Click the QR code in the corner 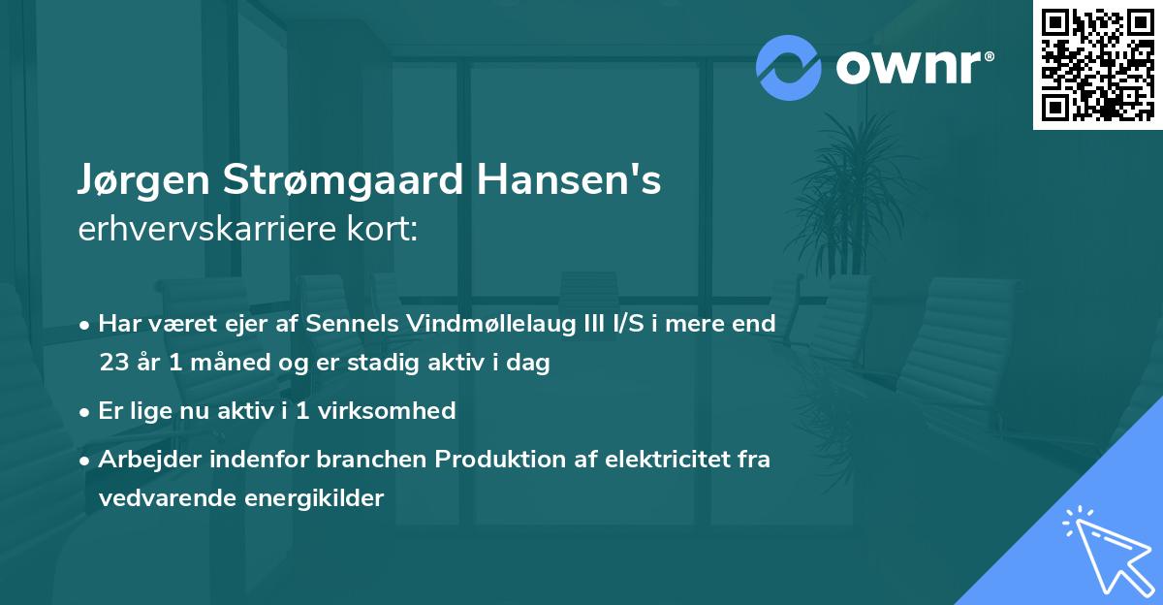point(1098,65)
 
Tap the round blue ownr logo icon point(789,67)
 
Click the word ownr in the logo point(913,67)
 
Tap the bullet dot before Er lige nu point(86,412)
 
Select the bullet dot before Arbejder point(86,461)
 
